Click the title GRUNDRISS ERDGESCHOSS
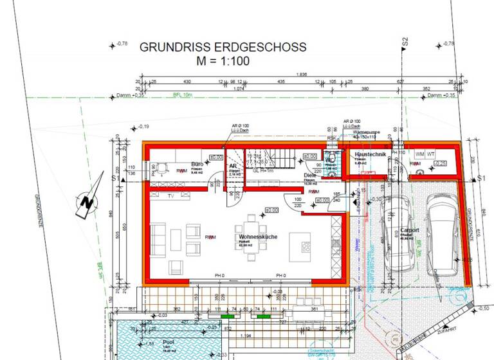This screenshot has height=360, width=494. pyautogui.click(x=223, y=48)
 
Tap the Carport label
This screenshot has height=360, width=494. pyautogui.click(x=410, y=230)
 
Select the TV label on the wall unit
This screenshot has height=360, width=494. pyautogui.click(x=171, y=195)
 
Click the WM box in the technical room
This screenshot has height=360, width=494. pyautogui.click(x=419, y=154)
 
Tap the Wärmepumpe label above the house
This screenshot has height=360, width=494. pyautogui.click(x=367, y=132)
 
